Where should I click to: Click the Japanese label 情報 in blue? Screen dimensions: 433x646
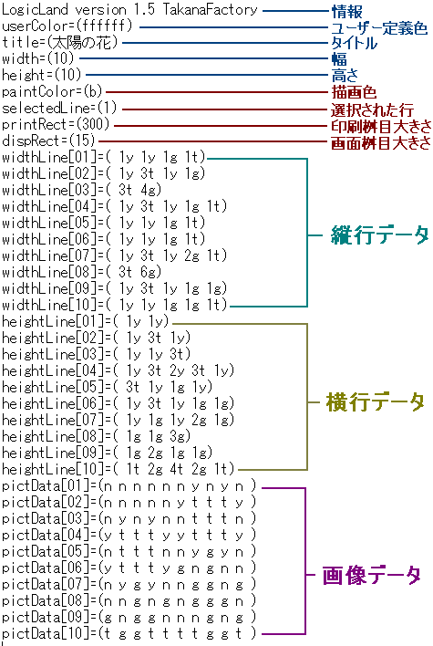coord(346,11)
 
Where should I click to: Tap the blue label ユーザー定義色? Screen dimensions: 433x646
coord(379,28)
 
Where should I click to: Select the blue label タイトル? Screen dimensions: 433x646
coord(355,43)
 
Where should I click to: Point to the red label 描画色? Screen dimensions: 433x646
coord(354,92)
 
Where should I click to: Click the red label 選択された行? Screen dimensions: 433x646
coord(372,109)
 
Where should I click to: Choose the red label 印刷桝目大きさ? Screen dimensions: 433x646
coord(381,126)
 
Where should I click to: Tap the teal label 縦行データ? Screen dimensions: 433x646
coord(379,235)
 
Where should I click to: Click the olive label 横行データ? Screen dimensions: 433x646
coord(375,401)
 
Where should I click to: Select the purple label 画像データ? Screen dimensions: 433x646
coord(371,575)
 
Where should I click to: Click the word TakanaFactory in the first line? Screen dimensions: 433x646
coord(210,9)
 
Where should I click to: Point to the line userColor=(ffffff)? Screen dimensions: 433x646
coord(67,26)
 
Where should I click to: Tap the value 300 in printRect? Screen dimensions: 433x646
coord(93,124)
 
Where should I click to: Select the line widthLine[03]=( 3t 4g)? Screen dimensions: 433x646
coord(81,190)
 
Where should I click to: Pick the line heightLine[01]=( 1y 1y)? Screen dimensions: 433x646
coord(85,321)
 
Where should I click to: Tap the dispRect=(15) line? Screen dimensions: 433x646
coord(48,141)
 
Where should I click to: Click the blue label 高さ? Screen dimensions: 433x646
coord(345,76)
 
